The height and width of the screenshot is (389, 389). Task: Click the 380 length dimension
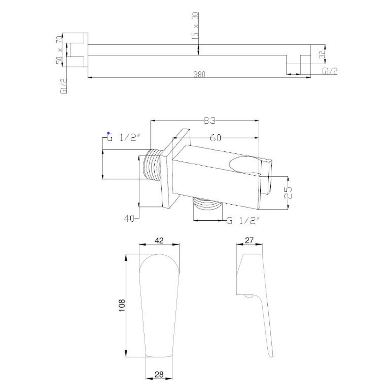[x=199, y=74]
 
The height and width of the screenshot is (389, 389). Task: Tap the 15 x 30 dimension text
[x=195, y=26]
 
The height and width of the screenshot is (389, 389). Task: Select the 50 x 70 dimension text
[x=59, y=50]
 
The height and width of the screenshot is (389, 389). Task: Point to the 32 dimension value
[x=322, y=54]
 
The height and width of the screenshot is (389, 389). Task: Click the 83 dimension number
[x=209, y=121]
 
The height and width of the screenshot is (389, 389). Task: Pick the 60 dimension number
[x=215, y=138]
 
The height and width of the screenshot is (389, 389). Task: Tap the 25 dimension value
[x=288, y=193]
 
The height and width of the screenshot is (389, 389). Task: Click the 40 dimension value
[x=129, y=218]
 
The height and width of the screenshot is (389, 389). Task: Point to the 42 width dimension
[x=159, y=241]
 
